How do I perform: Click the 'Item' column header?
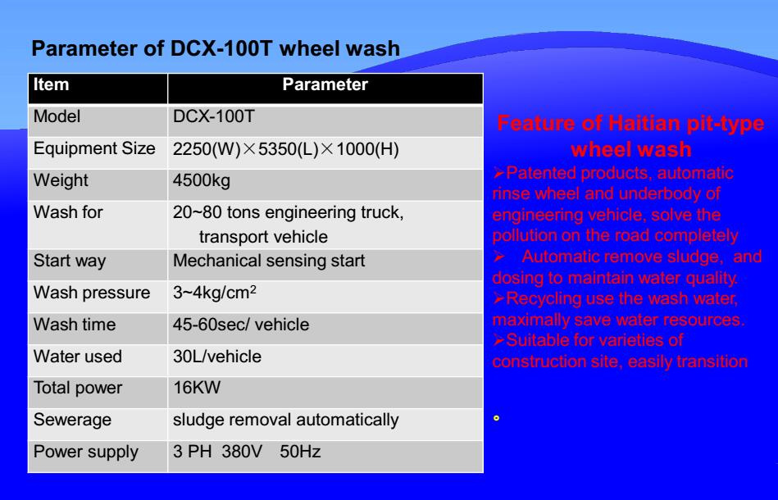[x=51, y=84]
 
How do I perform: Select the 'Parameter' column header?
[x=325, y=84]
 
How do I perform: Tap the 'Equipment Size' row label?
[x=94, y=148]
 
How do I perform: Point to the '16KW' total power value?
[x=197, y=388]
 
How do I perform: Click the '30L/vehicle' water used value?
[x=216, y=357]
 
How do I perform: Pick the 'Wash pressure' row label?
[x=92, y=293]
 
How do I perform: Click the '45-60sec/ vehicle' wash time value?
[x=241, y=325]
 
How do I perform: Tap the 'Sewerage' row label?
[x=72, y=420]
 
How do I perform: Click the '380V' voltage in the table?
[x=242, y=452]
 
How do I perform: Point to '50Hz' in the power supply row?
[x=300, y=452]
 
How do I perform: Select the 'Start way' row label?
[x=70, y=261]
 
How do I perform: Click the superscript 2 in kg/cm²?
[x=253, y=289]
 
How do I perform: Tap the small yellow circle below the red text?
[x=496, y=418]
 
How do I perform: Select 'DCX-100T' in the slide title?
[x=222, y=48]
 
